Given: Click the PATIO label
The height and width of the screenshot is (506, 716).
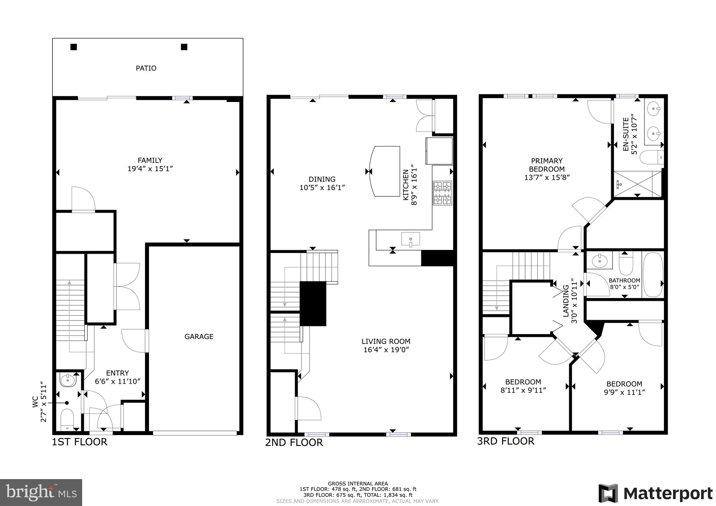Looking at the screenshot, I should point(146,68).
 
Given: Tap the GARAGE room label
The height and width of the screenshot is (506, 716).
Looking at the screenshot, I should point(199,337).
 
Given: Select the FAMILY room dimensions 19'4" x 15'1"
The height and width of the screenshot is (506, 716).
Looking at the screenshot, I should point(150,169).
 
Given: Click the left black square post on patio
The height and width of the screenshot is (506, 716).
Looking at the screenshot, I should point(73,47).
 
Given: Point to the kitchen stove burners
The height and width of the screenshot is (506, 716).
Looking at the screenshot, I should point(442,193).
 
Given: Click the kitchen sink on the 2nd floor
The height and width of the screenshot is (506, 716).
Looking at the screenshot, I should point(410,239).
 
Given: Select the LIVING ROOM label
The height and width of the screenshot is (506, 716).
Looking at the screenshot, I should point(386,341).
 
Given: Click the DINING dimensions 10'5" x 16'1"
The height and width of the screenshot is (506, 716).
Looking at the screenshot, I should point(322,188).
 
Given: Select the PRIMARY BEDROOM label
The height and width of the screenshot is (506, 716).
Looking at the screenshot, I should point(546,165).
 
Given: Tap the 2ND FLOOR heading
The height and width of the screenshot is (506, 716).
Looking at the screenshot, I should point(294,442).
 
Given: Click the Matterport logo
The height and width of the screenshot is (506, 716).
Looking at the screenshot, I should point(655,493).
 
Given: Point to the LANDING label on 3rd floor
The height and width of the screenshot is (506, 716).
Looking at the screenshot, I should point(565,301).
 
